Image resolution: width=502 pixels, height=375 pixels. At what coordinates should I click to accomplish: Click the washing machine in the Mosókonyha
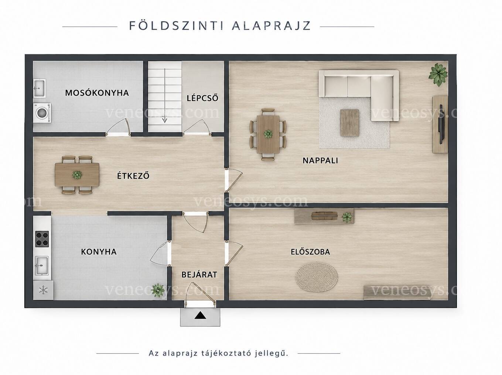42,113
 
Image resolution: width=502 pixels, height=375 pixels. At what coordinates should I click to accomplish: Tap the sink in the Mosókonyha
40,88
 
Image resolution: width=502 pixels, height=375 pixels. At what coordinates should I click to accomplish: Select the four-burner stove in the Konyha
42,239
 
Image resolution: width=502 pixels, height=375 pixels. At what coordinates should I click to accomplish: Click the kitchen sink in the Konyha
42,265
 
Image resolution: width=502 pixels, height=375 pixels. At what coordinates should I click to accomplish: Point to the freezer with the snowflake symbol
43,290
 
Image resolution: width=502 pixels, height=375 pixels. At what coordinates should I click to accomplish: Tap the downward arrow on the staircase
165,96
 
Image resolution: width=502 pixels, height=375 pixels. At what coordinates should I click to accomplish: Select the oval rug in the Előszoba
317,277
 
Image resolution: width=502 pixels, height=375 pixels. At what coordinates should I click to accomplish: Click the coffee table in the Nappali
349,123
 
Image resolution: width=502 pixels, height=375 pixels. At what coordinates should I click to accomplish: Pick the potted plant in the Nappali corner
438,75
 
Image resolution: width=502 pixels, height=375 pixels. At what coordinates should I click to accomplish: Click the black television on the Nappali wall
441,124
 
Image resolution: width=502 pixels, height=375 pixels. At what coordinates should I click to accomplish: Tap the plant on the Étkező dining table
77,175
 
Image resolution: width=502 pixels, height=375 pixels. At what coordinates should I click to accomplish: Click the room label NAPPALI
320,161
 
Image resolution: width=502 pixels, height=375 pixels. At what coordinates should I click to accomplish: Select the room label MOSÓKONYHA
97,93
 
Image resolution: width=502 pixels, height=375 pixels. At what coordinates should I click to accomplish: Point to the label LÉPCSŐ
202,98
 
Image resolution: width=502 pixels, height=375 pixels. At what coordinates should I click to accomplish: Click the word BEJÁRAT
199,275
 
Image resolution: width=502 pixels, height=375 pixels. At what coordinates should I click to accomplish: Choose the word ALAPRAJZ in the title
272,25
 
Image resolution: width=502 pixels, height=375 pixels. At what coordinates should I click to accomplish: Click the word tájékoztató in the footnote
227,353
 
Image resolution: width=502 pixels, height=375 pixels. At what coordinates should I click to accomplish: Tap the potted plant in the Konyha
158,290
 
